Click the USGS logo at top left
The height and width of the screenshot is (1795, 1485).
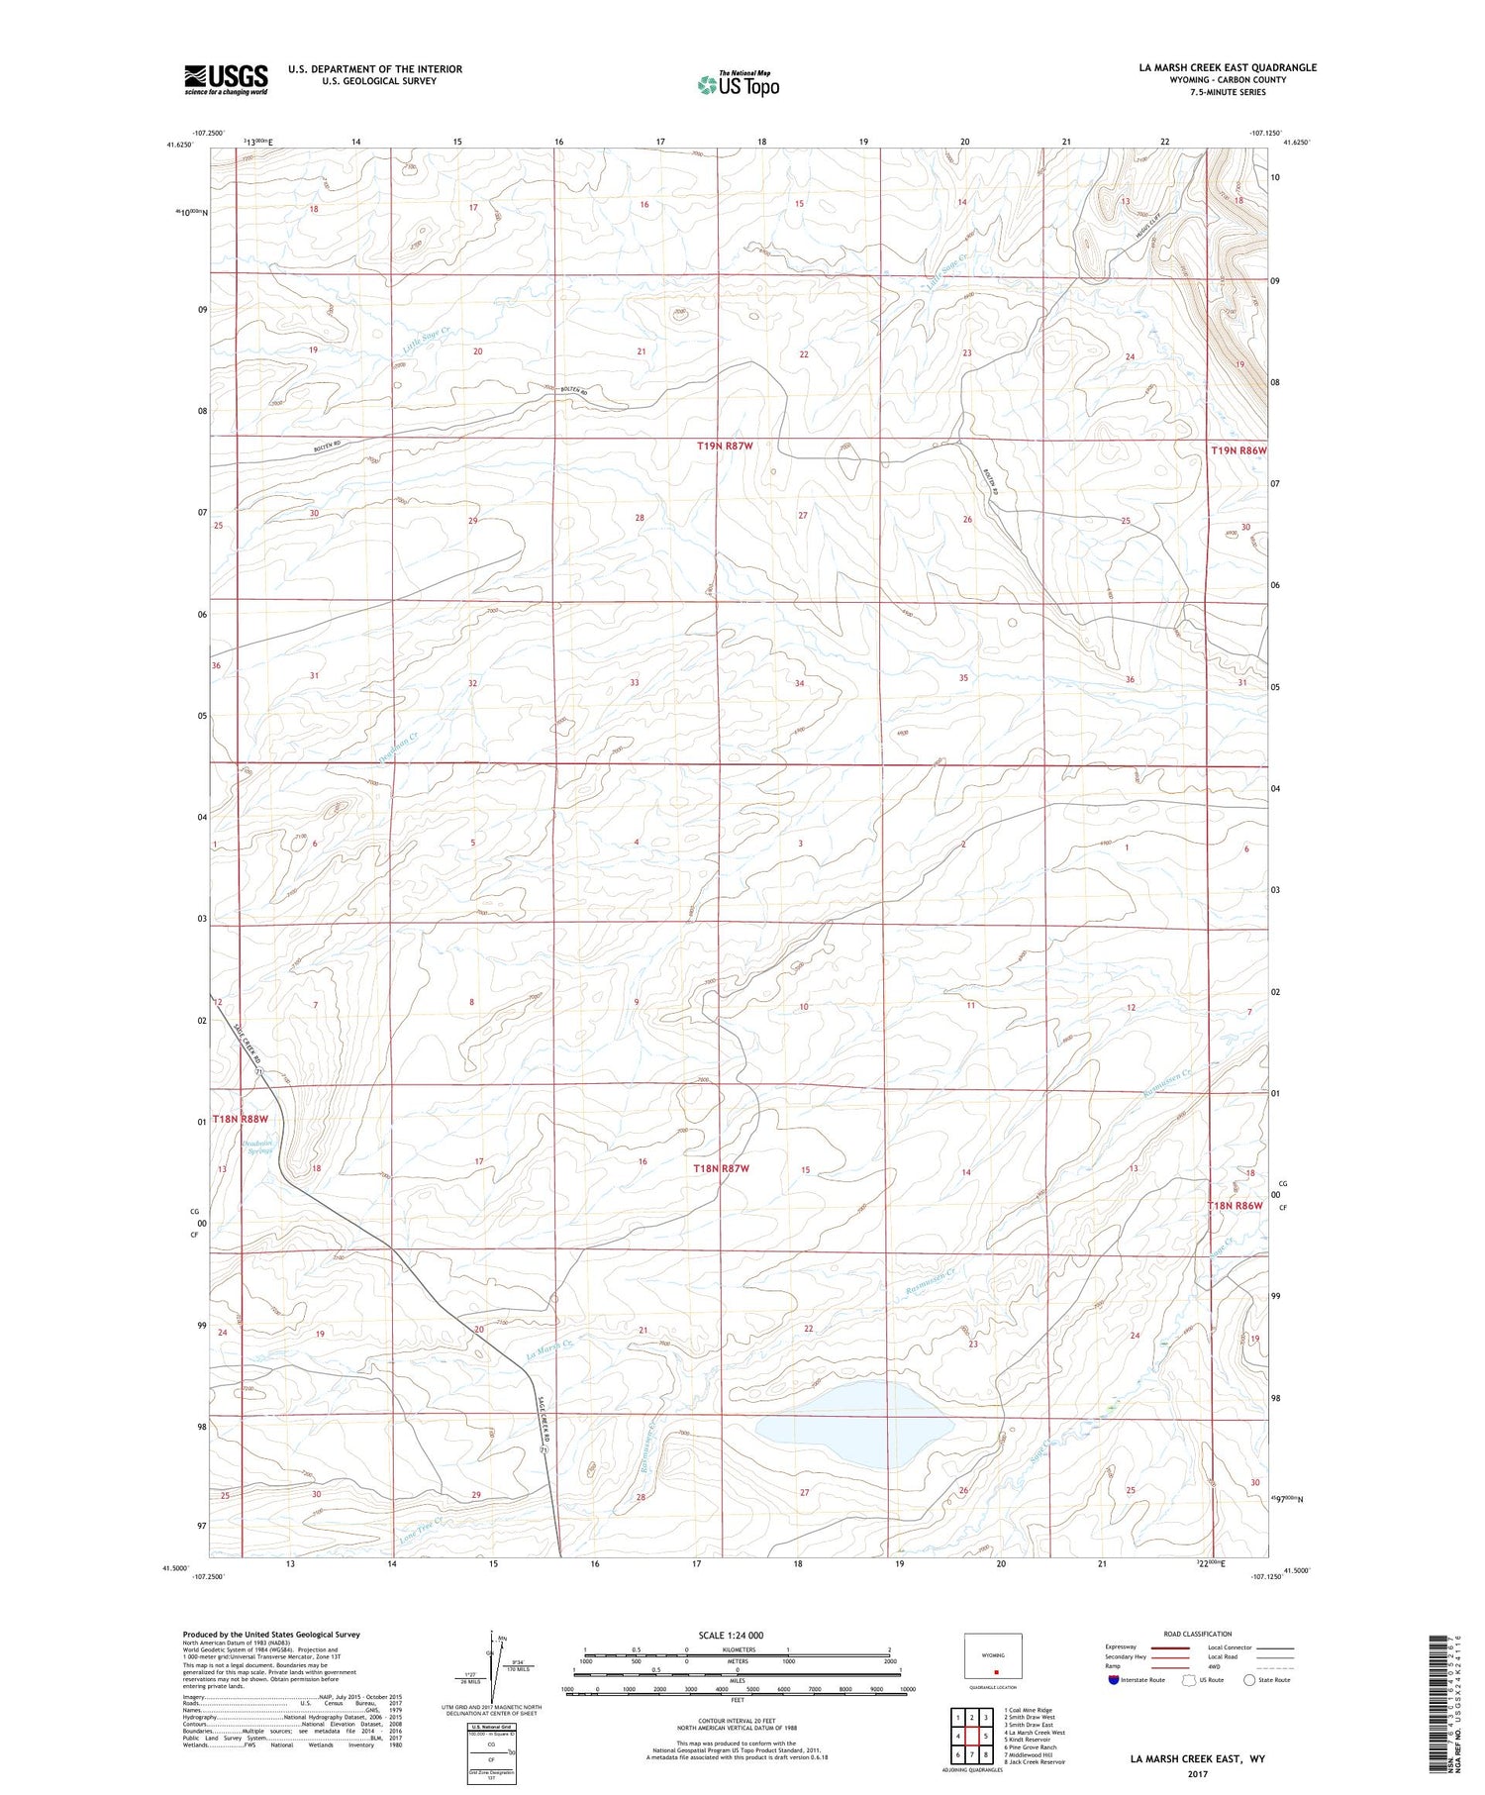pos(226,79)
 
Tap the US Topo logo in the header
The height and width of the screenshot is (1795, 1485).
pos(739,84)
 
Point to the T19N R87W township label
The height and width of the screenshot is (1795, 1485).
pos(725,447)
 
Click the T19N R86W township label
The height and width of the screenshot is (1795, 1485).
pos(1238,450)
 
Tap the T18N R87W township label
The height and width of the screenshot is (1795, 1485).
pos(721,1168)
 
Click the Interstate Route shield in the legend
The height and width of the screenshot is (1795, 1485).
pos(1115,1680)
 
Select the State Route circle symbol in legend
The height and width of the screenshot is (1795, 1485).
pos(1249,1680)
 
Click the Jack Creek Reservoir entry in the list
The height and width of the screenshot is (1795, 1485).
pos(1036,1762)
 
